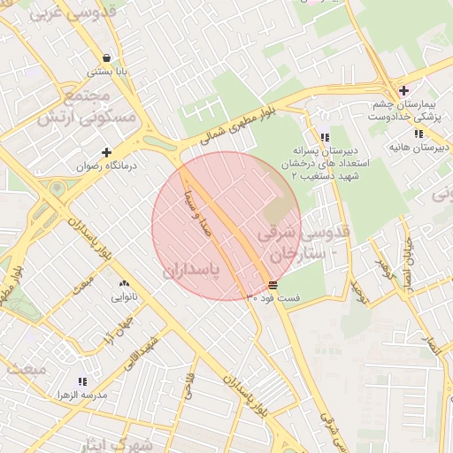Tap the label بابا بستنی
tap(107, 71)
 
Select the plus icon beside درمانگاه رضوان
tap(107, 152)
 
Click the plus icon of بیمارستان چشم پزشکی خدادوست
tap(403, 90)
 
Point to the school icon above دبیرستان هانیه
tap(418, 134)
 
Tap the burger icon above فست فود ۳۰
tap(272, 285)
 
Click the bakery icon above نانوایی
tap(124, 284)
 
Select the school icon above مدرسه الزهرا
tap(83, 380)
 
